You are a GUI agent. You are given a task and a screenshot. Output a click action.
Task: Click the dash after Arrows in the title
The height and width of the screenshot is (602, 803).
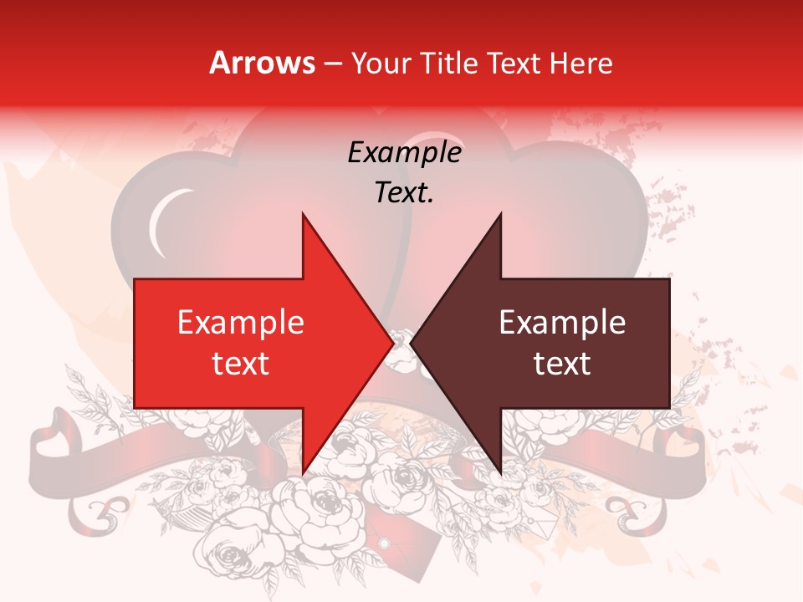tap(332, 64)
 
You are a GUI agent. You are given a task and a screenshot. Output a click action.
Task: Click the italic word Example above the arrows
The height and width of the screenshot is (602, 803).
tap(404, 152)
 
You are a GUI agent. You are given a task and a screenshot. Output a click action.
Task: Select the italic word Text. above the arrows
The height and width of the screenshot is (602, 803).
tap(404, 193)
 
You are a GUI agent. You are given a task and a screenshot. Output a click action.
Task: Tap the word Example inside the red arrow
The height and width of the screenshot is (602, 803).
tap(241, 323)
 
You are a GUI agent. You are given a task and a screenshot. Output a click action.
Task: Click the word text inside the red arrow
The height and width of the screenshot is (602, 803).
tap(241, 364)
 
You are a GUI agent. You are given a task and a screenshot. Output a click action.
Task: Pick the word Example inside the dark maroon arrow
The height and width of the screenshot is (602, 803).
tap(562, 323)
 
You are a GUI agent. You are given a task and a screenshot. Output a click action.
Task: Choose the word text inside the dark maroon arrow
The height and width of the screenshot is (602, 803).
tap(562, 364)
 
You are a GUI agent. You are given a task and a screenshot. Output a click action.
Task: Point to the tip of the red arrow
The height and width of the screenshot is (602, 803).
tap(393, 344)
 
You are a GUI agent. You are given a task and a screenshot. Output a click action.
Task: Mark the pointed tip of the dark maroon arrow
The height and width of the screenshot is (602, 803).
tap(411, 344)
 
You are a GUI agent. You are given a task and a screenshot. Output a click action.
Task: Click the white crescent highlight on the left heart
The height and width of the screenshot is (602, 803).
tap(161, 222)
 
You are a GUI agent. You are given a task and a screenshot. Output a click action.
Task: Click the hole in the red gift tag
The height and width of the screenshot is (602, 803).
tap(384, 544)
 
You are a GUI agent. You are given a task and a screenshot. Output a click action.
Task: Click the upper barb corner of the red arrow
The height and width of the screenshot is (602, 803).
tap(303, 213)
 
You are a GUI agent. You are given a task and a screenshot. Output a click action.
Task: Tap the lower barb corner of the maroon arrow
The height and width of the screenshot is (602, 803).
tap(501, 474)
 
